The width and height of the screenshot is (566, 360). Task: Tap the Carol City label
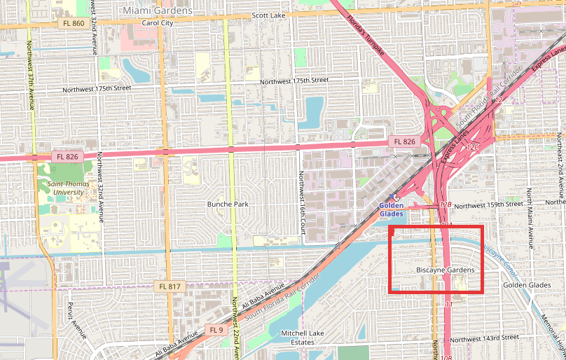click(x=157, y=22)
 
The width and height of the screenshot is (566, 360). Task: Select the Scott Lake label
click(x=270, y=15)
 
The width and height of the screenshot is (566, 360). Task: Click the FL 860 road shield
click(x=73, y=24)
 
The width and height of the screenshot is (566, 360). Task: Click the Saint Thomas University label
click(x=69, y=187)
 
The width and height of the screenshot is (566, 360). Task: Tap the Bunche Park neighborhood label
click(x=228, y=205)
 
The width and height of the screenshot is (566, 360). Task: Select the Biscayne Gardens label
click(x=446, y=270)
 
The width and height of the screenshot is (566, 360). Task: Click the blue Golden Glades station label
click(x=391, y=209)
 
